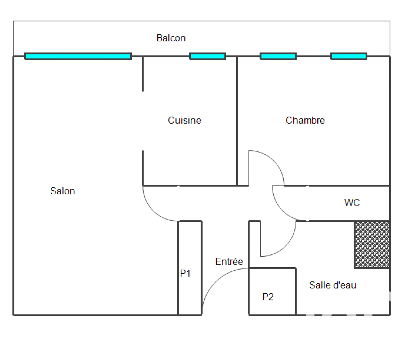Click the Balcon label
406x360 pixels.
(171, 38)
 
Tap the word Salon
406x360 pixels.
(63, 191)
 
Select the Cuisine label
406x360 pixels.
(185, 120)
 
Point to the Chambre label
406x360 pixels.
(305, 120)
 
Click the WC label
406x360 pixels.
(352, 203)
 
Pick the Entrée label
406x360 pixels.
(229, 261)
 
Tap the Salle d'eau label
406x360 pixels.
(333, 285)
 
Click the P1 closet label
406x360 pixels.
(186, 273)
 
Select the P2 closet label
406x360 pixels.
(268, 297)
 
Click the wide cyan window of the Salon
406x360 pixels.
(78, 56)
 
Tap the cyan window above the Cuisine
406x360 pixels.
(207, 56)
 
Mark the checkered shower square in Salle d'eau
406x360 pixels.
(372, 245)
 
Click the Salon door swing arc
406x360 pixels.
(153, 211)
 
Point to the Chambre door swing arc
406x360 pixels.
(274, 161)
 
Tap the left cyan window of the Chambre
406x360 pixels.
(278, 56)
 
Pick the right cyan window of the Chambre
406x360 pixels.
(349, 56)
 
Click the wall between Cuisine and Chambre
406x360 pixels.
(237, 121)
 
